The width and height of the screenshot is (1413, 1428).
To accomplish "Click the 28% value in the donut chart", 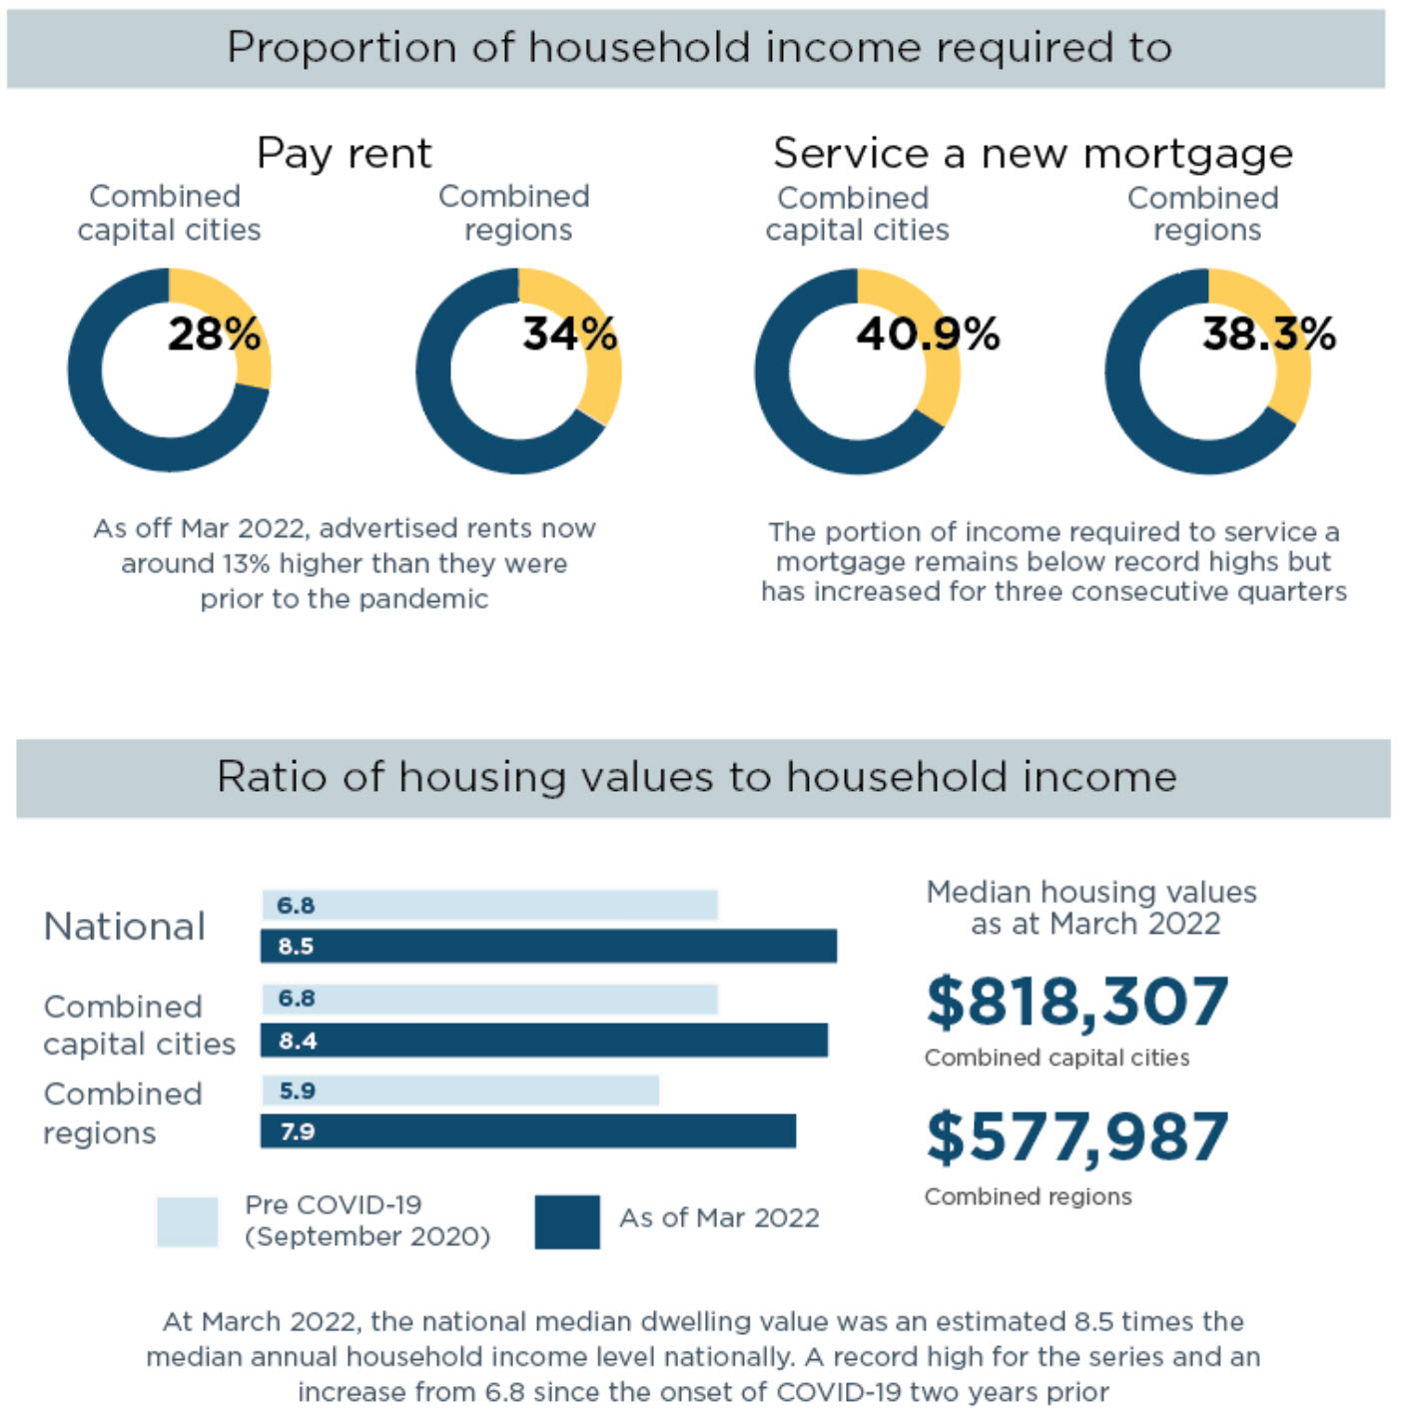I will coord(214,334).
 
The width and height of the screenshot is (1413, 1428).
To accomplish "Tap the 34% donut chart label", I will coord(569,334).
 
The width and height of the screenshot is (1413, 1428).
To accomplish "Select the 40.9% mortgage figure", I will coord(928,334).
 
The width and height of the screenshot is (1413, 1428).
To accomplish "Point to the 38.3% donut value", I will coord(1268,334).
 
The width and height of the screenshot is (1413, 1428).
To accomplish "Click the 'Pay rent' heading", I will coord(344,154).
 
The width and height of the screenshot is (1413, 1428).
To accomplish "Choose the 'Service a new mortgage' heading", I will coord(1033,154).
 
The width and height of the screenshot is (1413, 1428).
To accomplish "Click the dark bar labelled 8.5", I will coord(548,946).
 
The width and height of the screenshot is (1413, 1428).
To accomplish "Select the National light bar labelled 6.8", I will coord(489,905).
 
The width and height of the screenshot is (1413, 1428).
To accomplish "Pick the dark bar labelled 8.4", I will coord(544,1041).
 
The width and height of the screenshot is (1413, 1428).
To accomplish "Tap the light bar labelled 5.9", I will coord(460,1090).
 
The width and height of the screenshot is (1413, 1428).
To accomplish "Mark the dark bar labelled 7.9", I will coord(528,1131).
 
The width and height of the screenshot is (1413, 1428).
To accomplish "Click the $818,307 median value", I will coord(1076,1002).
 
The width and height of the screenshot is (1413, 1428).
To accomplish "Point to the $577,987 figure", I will coord(1076,1137).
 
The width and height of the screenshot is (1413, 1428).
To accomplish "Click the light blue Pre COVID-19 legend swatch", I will coord(188,1221).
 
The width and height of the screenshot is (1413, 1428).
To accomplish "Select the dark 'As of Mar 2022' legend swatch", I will coord(567,1221).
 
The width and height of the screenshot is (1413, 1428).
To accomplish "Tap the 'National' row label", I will coord(125,927).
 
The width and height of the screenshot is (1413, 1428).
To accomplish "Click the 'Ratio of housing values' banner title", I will coord(697,777).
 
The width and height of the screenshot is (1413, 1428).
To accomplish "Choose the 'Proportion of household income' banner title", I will coord(699,48).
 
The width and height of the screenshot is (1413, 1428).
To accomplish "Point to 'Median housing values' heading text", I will coord(1091,892).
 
